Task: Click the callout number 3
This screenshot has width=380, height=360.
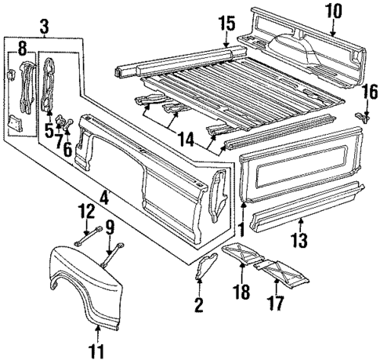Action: click(45, 29)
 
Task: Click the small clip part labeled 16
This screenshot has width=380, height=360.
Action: click(361, 116)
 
